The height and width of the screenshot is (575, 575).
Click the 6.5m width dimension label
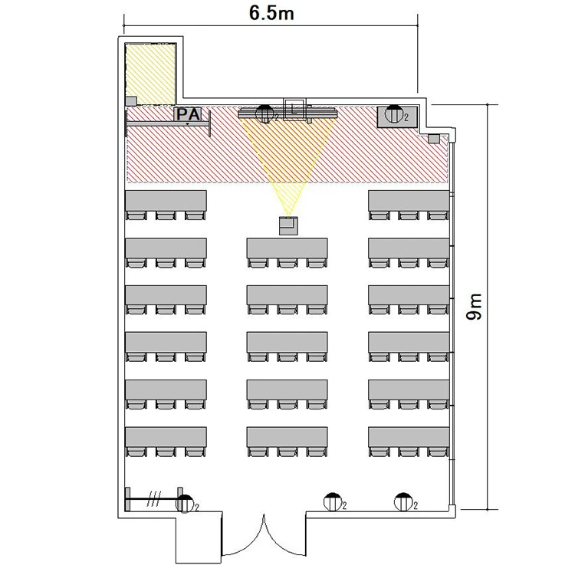(x=271, y=13)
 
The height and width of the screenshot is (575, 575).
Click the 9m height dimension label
(x=474, y=307)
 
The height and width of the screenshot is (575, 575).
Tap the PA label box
(x=188, y=114)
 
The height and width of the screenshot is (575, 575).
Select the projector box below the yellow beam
(x=288, y=226)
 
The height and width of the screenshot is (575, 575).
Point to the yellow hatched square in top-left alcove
(x=150, y=74)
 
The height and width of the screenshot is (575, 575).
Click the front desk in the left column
(x=166, y=201)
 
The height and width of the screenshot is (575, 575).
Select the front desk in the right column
(x=409, y=201)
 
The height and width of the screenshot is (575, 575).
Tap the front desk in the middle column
(x=287, y=248)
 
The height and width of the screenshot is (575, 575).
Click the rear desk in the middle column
(x=287, y=437)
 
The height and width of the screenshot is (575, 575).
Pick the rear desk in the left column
(x=166, y=437)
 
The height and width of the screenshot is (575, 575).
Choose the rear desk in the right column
(x=409, y=437)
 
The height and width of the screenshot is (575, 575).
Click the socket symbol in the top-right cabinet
(x=394, y=114)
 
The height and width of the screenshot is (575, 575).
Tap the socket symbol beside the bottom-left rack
(x=185, y=503)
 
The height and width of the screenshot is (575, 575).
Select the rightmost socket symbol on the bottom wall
(x=403, y=502)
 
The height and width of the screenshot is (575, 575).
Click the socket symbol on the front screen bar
(x=264, y=113)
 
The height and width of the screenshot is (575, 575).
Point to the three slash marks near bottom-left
(x=154, y=499)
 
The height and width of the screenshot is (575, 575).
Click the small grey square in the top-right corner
(x=434, y=139)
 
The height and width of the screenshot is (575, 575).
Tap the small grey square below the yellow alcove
(x=131, y=101)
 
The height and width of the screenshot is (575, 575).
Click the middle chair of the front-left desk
(x=166, y=215)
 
